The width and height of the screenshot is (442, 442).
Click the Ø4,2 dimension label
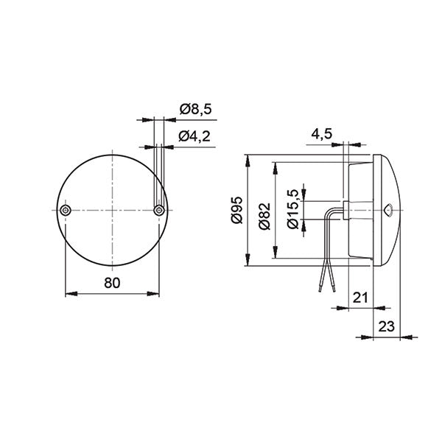(195, 136)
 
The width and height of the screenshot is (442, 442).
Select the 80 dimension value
(112, 283)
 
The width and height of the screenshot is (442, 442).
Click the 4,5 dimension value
(321, 135)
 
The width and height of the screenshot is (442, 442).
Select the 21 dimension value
(359, 298)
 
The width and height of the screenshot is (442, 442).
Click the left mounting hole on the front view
(66, 211)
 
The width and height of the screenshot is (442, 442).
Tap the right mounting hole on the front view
(158, 211)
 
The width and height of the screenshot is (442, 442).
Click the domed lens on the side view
(390, 210)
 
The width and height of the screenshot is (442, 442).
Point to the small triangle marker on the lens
(387, 210)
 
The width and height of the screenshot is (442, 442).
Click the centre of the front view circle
(112, 211)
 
